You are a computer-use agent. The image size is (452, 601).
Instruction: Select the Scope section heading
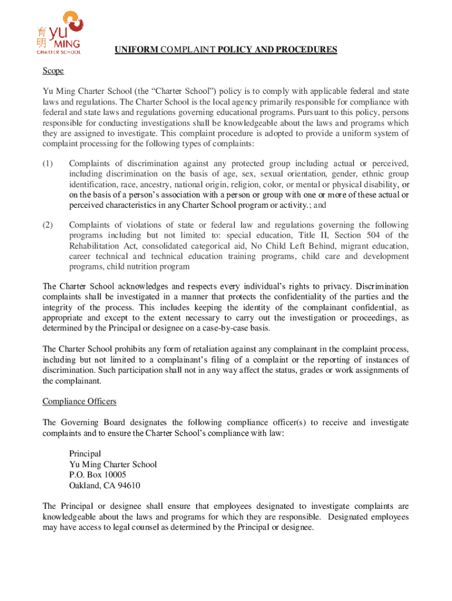click(x=53, y=71)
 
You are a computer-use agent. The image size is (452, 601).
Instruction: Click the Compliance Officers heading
click(x=79, y=401)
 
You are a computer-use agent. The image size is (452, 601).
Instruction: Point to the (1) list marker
click(x=48, y=163)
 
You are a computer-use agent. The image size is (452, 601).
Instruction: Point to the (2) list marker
click(x=48, y=225)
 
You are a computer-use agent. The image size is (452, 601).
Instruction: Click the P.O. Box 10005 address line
click(x=97, y=475)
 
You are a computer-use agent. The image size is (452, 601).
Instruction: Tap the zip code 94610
click(x=129, y=485)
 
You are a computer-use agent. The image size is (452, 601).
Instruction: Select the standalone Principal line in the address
click(x=85, y=454)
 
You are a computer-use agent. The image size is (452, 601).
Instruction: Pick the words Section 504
click(x=357, y=235)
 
